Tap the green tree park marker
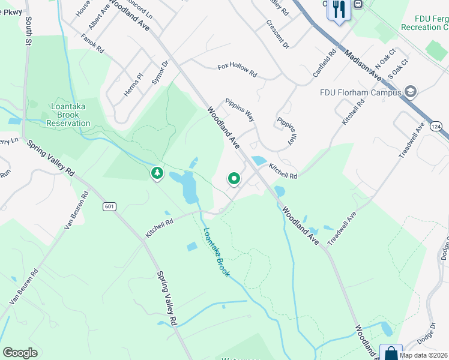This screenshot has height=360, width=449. [x=157, y=173]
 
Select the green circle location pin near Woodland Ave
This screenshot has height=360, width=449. [x=234, y=178]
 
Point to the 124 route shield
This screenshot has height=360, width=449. [x=436, y=127]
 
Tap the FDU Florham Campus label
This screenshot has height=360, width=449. [x=360, y=92]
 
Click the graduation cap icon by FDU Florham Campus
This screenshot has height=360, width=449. [x=411, y=92]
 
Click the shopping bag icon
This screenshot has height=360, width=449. [x=391, y=352]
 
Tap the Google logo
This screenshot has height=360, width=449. [x=20, y=352]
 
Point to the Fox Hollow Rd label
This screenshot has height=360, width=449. [x=237, y=70]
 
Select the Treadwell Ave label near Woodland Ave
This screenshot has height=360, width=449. [x=343, y=227]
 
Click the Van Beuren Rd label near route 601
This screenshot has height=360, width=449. [x=77, y=211]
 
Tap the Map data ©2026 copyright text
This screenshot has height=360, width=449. [x=423, y=355]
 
